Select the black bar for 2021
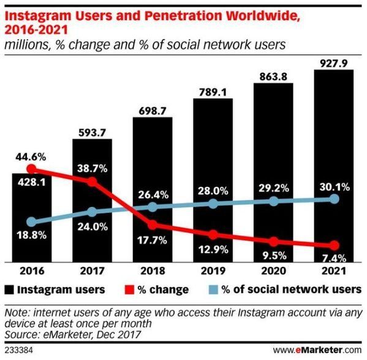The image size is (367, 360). (x=333, y=166)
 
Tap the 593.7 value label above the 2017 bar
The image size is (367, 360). (x=92, y=132)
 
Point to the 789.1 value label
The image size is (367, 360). (x=213, y=91)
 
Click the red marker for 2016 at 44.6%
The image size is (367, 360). (x=32, y=169)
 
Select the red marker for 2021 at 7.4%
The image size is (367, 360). (x=334, y=245)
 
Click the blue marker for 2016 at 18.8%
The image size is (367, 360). (x=32, y=222)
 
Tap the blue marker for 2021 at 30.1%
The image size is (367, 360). (x=334, y=199)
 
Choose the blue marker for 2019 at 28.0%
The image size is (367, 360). (x=213, y=203)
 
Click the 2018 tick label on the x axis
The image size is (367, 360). (x=152, y=270)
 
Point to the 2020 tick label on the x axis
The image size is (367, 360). (x=273, y=270)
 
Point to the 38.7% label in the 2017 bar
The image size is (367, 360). (x=92, y=167)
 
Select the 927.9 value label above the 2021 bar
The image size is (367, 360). (x=333, y=62)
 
